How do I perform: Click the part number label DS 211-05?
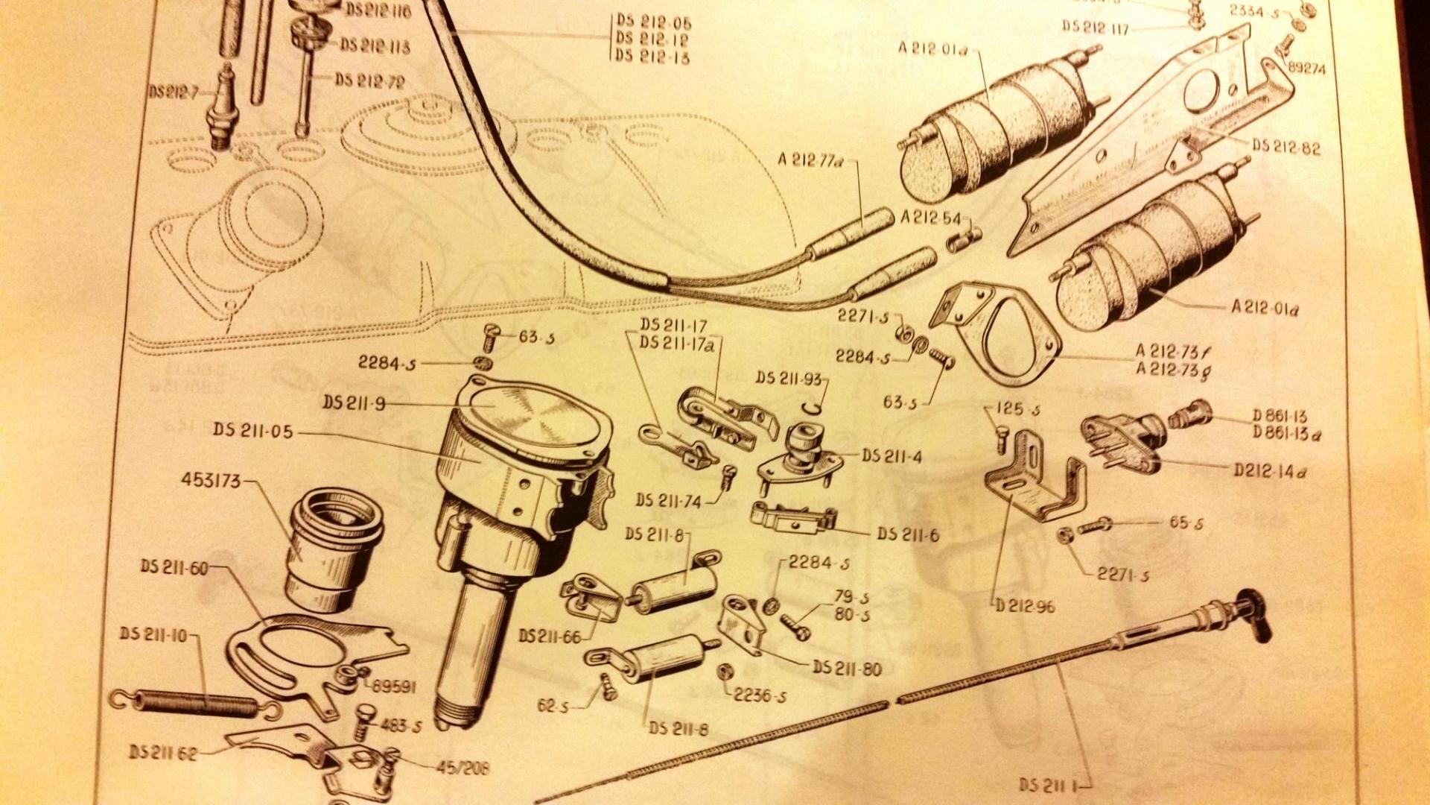pyautogui.click(x=252, y=431)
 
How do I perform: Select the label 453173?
pyautogui.click(x=211, y=481)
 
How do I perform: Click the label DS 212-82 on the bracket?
pyautogui.click(x=1286, y=147)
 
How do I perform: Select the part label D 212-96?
pyautogui.click(x=1025, y=606)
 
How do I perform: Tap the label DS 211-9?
pyautogui.click(x=354, y=403)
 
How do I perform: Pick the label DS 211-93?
pyautogui.click(x=789, y=379)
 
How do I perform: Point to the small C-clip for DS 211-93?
pyautogui.click(x=816, y=405)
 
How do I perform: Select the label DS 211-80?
pyautogui.click(x=847, y=668)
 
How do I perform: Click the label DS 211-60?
pyautogui.click(x=174, y=567)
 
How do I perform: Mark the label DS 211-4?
pyautogui.click(x=892, y=455)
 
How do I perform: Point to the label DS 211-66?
pyautogui.click(x=550, y=636)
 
